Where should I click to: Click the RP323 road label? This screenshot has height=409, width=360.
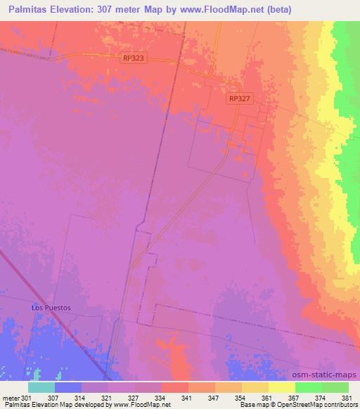click(x=133, y=59)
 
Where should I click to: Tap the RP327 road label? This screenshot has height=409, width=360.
click(x=239, y=100)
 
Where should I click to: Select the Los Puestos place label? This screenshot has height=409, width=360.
click(x=51, y=308)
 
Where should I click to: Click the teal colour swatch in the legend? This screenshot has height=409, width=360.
click(x=41, y=387)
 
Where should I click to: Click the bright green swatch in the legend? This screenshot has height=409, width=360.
click(x=309, y=387)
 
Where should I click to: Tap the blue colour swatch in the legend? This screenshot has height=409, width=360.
click(x=68, y=387)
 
